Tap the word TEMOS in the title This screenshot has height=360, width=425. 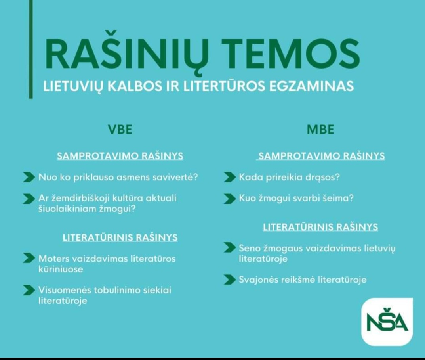(291, 54)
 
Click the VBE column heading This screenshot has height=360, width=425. (120, 129)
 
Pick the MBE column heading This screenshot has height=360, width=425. (320, 129)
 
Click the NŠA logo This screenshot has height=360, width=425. (387, 322)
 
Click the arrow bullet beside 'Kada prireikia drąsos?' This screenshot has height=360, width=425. (230, 177)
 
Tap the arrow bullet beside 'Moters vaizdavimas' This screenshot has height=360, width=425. (29, 258)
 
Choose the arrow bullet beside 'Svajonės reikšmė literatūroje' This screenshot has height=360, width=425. (230, 280)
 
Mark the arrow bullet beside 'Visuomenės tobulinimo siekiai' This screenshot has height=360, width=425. (29, 290)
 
